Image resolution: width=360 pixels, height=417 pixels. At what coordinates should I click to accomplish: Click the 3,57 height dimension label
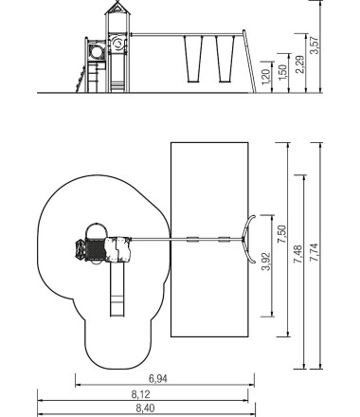315,45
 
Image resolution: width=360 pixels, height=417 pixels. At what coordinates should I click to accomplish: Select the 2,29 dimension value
300,64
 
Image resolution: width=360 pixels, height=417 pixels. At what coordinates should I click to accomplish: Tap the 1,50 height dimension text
283,72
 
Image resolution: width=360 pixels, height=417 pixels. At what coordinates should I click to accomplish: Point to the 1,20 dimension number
266,77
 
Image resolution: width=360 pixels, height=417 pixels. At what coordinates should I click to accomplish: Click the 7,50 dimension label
281,234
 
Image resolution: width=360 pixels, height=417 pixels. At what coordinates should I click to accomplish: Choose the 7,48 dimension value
298,254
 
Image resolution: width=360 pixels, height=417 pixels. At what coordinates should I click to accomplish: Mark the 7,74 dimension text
315,252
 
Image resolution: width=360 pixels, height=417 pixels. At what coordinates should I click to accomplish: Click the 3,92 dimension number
266,262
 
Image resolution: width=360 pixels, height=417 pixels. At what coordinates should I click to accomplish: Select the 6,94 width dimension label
158,378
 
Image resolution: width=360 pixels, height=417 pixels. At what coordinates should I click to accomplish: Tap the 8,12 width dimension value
141,394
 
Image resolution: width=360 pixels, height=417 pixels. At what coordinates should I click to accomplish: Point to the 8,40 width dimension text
146,408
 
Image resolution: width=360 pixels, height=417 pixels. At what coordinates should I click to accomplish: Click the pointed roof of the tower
117,8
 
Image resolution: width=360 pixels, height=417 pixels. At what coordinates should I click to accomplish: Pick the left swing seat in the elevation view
193,60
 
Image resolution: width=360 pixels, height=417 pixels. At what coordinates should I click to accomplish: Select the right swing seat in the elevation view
225,60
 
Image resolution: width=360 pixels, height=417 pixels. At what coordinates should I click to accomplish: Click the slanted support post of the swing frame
249,61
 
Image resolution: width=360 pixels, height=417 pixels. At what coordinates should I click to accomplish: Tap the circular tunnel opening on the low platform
97,52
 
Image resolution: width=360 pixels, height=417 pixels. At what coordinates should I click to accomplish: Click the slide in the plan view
117,289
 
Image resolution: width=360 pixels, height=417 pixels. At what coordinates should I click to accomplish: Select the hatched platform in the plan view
95,249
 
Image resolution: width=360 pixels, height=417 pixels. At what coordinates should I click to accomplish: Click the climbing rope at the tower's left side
81,79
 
